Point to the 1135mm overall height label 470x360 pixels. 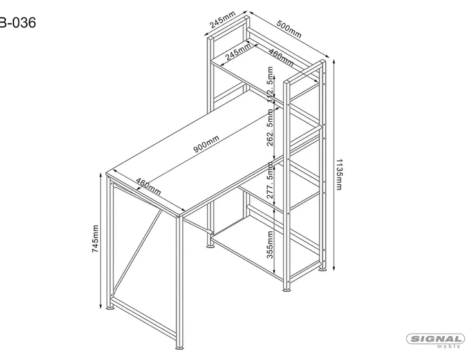(339, 174)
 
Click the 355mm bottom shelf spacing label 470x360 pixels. (271, 243)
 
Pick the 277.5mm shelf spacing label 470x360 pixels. (271, 184)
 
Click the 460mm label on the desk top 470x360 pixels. (149, 187)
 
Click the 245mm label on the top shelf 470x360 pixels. (239, 51)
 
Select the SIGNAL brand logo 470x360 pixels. (436, 339)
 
